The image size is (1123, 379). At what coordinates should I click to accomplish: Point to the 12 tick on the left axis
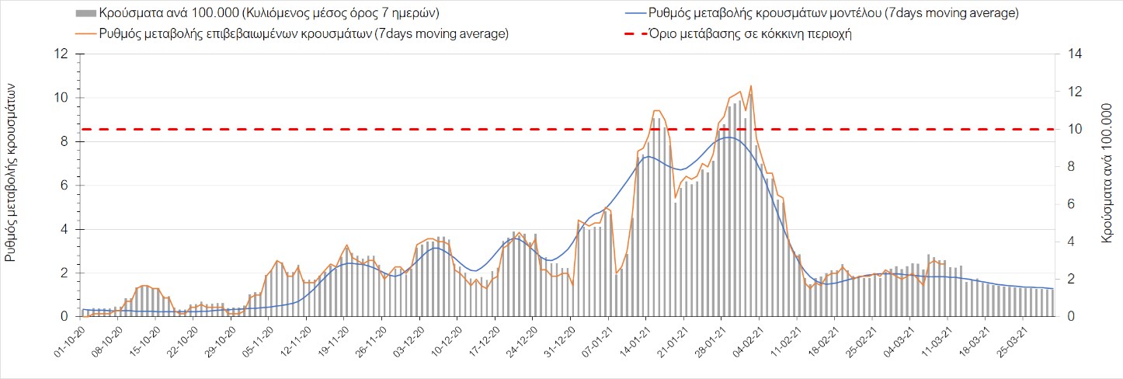pyautogui.click(x=61, y=54)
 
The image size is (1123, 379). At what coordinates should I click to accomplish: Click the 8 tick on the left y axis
pyautogui.click(x=63, y=142)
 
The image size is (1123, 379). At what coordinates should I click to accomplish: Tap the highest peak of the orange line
pyautogui.click(x=750, y=86)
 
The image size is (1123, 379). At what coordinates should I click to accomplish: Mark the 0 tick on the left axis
pyautogui.click(x=63, y=317)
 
